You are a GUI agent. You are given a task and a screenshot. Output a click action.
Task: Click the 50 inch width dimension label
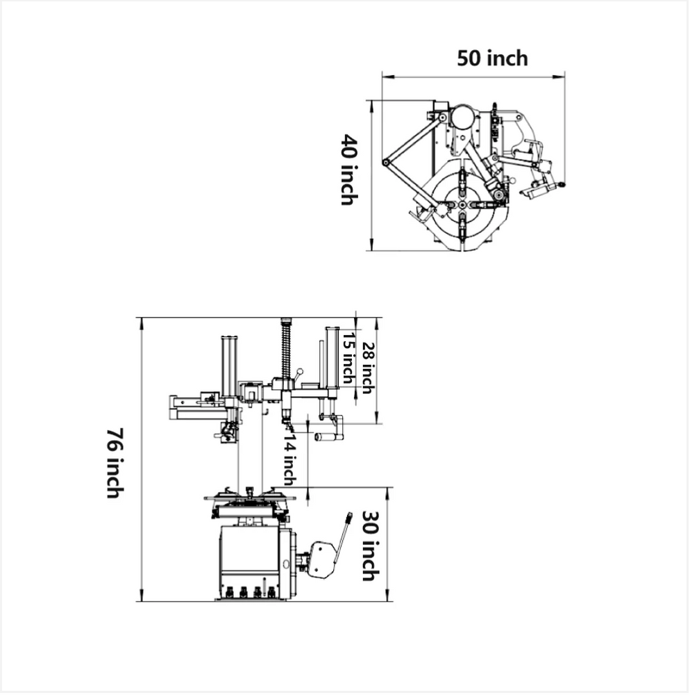pyautogui.click(x=492, y=58)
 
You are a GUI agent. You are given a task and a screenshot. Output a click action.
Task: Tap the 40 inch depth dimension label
pyautogui.click(x=348, y=169)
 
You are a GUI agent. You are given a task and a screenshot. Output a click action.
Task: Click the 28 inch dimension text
pyautogui.click(x=369, y=368)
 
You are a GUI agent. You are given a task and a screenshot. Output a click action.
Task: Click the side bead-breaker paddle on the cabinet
pyautogui.click(x=321, y=559)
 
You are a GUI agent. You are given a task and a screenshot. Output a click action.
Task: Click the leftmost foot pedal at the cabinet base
pyautogui.click(x=227, y=593)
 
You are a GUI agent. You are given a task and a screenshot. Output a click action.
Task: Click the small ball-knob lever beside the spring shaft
pyautogui.click(x=301, y=372)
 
